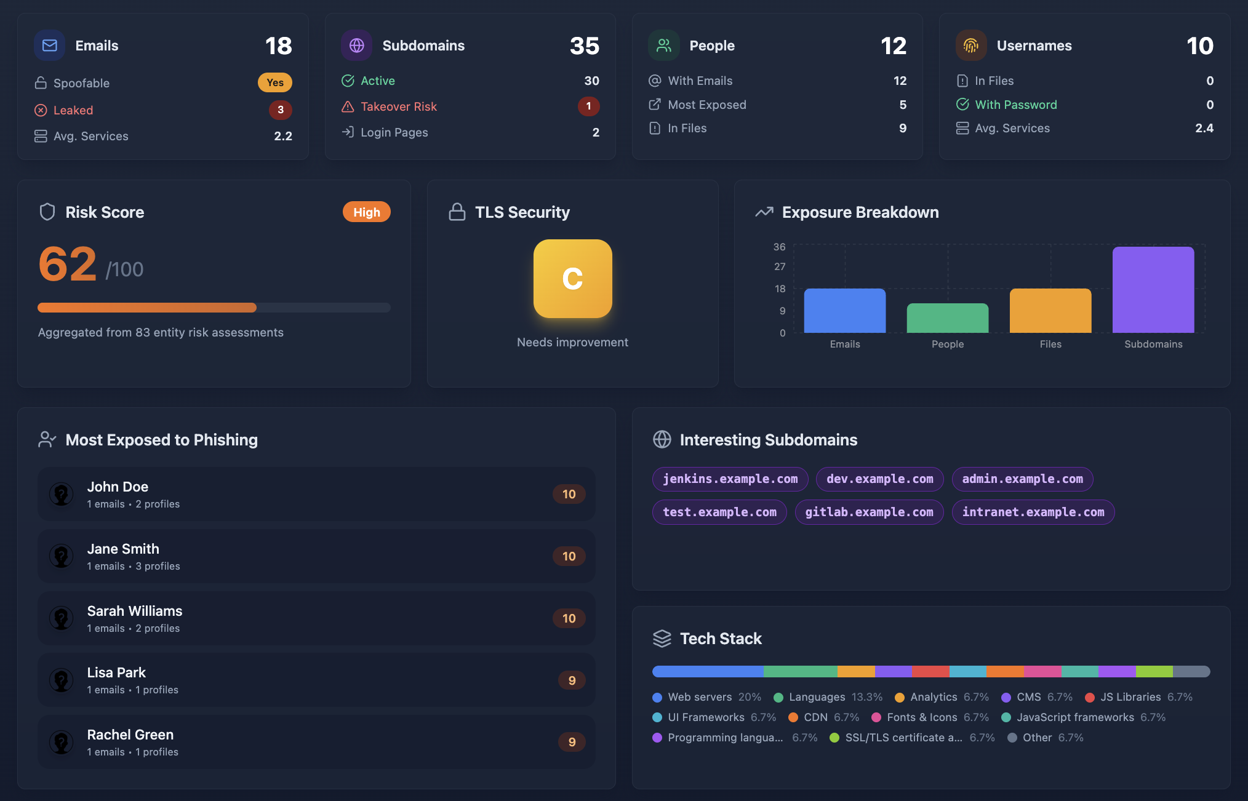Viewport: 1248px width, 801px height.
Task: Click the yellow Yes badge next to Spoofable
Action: [x=274, y=82]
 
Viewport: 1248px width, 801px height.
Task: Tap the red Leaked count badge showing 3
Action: [x=280, y=110]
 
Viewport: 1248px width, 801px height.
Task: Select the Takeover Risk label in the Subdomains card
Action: [x=398, y=106]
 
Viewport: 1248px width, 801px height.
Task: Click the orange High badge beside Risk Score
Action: [x=366, y=212]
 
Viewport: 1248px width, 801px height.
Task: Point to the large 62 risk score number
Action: [x=68, y=265]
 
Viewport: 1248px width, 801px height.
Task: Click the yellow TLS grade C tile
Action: [x=572, y=279]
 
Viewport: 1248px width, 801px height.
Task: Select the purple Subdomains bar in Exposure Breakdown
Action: [x=1153, y=290]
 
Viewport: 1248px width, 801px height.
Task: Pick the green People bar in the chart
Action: [x=947, y=318]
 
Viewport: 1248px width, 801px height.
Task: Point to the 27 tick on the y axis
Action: [x=779, y=266]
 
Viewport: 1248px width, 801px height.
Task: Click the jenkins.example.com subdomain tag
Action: [x=730, y=479]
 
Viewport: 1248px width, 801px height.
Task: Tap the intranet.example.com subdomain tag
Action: [x=1033, y=512]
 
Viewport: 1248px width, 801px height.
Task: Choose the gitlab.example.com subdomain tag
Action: [x=868, y=512]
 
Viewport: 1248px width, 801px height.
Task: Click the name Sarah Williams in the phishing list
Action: [x=134, y=611]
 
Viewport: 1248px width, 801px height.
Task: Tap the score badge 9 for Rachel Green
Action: [x=572, y=742]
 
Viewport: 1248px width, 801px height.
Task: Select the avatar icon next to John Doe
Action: [x=62, y=494]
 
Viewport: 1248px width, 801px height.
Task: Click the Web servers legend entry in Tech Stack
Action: [x=699, y=697]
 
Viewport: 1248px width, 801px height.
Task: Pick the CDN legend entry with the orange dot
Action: [x=815, y=717]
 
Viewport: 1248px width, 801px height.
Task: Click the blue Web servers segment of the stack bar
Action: [x=708, y=671]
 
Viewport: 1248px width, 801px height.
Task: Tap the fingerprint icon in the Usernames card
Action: [x=970, y=46]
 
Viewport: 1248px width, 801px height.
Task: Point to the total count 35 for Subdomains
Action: [x=584, y=46]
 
